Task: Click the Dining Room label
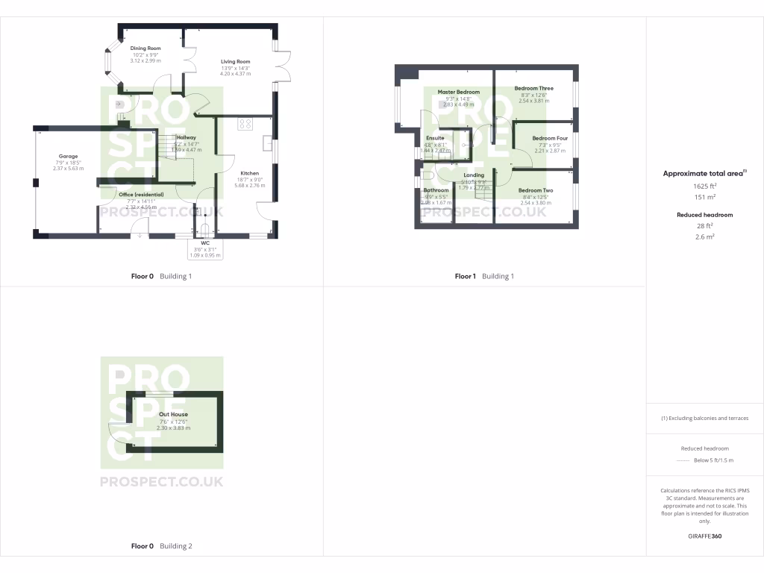click(x=145, y=48)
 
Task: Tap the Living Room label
click(x=235, y=62)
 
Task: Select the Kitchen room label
click(x=249, y=173)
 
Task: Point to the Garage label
click(x=69, y=157)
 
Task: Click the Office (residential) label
click(x=141, y=195)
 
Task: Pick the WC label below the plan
click(x=205, y=243)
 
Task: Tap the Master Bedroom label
click(x=459, y=93)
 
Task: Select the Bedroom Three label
click(x=533, y=89)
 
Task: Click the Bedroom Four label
click(x=550, y=139)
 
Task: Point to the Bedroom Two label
click(x=536, y=191)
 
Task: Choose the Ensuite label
click(x=435, y=138)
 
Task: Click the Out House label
click(x=173, y=414)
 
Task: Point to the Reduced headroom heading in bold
click(x=704, y=215)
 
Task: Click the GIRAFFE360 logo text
click(x=704, y=536)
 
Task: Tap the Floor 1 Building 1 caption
click(x=484, y=277)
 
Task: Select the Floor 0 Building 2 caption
click(x=161, y=546)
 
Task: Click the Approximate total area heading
click(x=704, y=173)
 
